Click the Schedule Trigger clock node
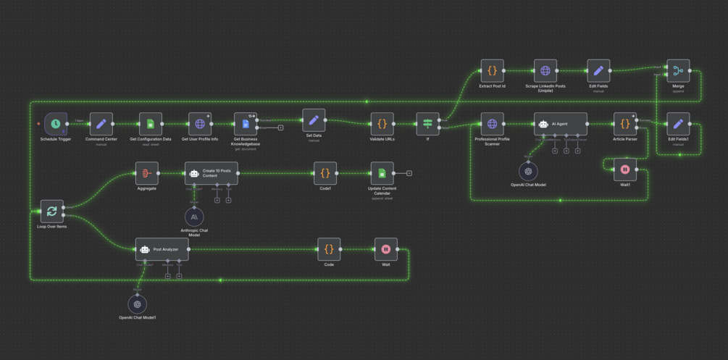coord(56,124)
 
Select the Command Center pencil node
coord(101,124)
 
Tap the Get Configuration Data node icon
coord(151,124)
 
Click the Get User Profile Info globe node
coord(200,124)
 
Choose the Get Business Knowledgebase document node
coord(246,124)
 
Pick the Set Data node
coord(314,120)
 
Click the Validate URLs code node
coord(382,124)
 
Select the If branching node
coord(428,124)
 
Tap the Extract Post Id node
coord(492,71)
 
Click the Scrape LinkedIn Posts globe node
coord(545,71)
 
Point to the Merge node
coord(678,71)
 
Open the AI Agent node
coord(561,124)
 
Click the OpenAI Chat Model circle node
coord(529,171)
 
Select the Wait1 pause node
coord(625,169)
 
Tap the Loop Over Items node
coord(52,212)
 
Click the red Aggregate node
coord(147,173)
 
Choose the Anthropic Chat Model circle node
coord(194,217)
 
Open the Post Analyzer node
coord(162,249)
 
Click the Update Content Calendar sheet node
coord(382,173)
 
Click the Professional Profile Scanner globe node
coord(493,124)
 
